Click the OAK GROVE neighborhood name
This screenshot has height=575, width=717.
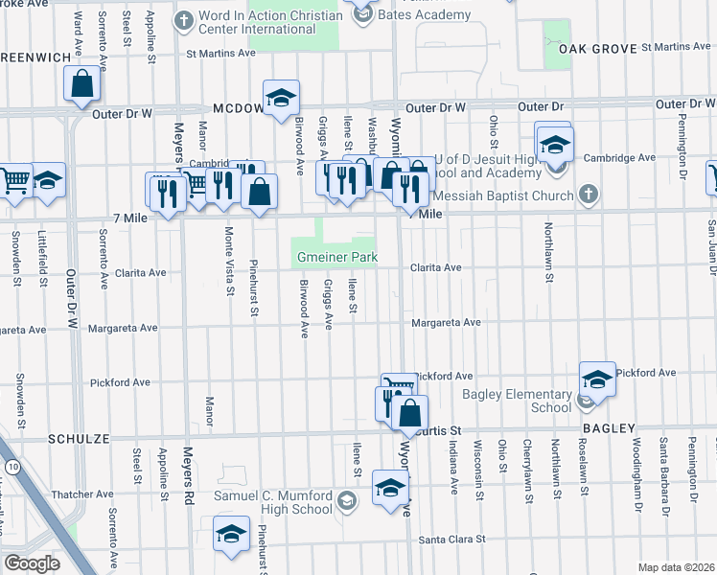coord(583,47)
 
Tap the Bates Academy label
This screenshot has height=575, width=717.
coord(425,14)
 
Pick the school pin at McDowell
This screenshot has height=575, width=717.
coord(281,98)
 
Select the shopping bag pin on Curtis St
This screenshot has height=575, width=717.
coord(409,413)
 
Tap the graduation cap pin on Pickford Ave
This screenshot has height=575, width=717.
coord(596,379)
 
